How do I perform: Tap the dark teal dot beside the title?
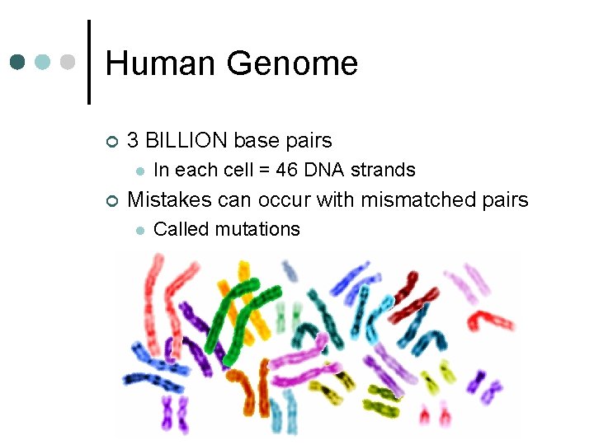[18, 62]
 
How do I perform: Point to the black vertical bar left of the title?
[88, 62]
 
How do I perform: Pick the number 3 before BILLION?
[134, 141]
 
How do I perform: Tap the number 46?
[285, 171]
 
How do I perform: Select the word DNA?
[325, 171]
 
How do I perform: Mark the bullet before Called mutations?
[139, 230]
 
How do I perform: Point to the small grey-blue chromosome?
[290, 270]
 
